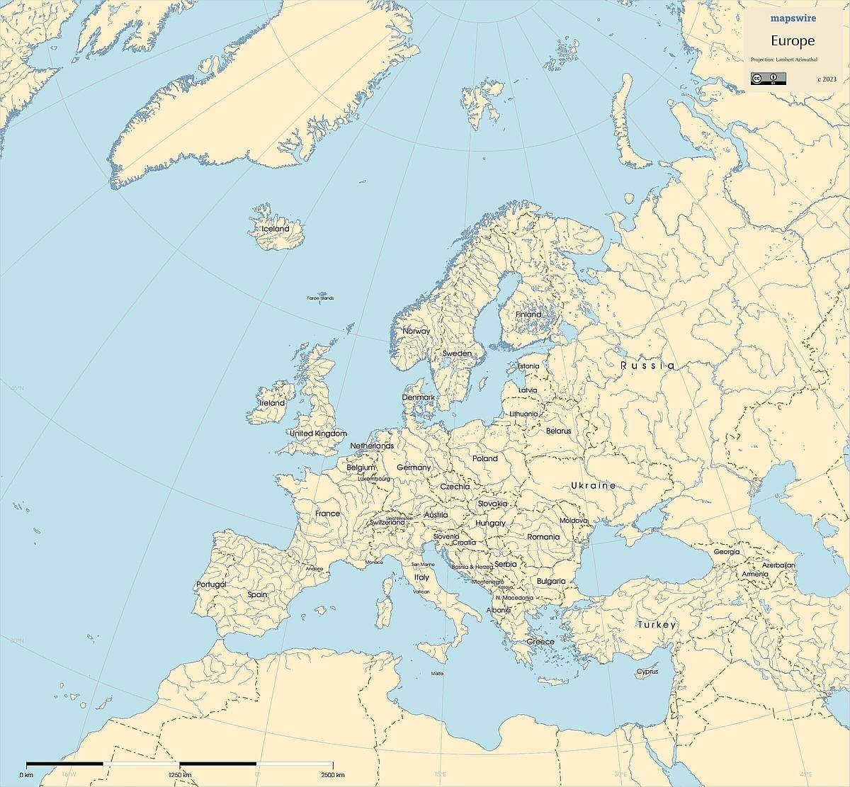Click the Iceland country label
click(x=276, y=229)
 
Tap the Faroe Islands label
click(x=320, y=298)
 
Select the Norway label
click(x=416, y=331)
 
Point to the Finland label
click(x=528, y=314)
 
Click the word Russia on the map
click(x=647, y=366)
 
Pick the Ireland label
click(x=272, y=402)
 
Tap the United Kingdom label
click(x=318, y=433)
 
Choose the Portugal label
click(x=211, y=584)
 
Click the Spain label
click(x=257, y=594)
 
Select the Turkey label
click(x=657, y=625)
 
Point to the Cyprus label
click(x=647, y=672)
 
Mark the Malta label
click(x=437, y=674)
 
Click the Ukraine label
click(x=593, y=485)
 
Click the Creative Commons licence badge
click(x=764, y=79)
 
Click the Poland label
click(x=485, y=458)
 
